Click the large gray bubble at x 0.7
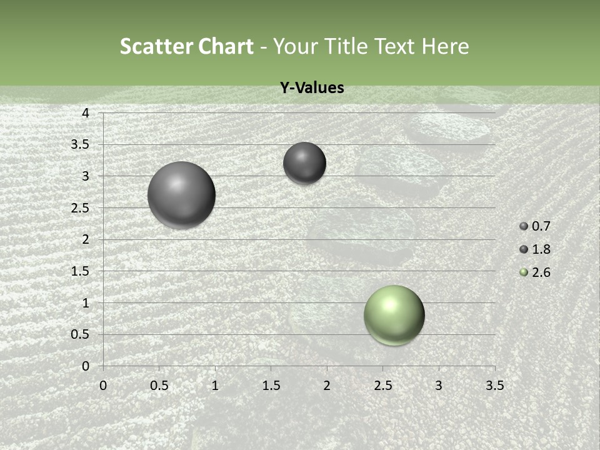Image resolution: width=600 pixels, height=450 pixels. [181, 195]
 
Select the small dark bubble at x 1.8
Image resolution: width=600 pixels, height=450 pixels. [304, 163]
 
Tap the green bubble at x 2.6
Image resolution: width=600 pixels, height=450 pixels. [394, 315]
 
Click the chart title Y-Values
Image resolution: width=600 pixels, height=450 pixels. [311, 88]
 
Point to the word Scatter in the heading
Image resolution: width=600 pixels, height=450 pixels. [156, 46]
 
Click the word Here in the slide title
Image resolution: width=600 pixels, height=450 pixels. [446, 46]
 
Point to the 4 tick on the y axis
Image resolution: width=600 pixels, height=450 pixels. [86, 113]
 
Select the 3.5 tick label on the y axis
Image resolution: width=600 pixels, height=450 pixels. [81, 145]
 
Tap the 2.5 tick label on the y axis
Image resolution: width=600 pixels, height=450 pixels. [81, 208]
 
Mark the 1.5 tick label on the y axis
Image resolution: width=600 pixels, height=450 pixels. [81, 271]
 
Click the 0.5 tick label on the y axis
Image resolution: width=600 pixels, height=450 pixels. [81, 334]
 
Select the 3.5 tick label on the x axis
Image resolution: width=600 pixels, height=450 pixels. [494, 386]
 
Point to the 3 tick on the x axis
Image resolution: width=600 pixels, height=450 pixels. [439, 386]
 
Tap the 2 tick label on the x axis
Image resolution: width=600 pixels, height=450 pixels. [327, 386]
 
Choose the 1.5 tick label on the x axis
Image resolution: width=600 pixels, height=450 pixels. [271, 386]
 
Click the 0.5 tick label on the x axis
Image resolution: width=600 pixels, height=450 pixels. [159, 386]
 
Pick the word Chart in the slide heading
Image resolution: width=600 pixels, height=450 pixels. [227, 46]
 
